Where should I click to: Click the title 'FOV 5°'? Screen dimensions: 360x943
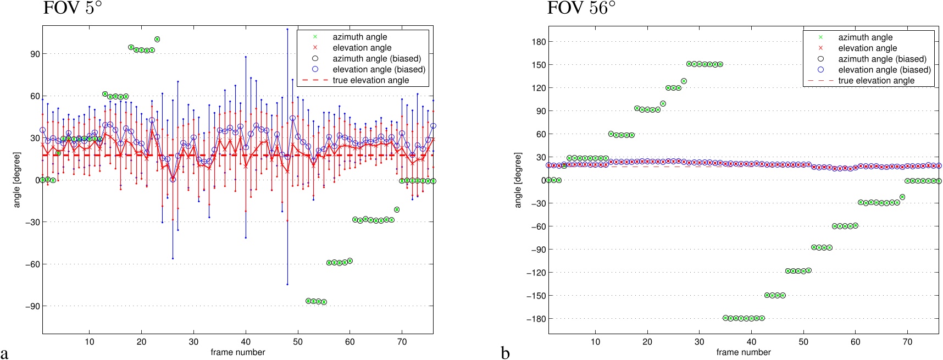[x=72, y=8]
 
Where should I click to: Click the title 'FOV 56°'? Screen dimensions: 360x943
[x=581, y=8]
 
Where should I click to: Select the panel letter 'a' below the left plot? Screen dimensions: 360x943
[x=5, y=352]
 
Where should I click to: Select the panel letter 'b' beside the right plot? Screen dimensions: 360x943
[x=506, y=352]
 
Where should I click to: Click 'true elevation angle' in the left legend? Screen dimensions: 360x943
[x=370, y=80]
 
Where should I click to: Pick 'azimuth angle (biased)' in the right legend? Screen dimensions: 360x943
[x=882, y=59]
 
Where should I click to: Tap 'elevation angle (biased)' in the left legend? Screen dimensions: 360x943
[x=379, y=69]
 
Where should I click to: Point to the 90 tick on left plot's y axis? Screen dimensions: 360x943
[x=35, y=54]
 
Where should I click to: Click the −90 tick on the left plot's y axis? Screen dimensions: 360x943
[x=32, y=306]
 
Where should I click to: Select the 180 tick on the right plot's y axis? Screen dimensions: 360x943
[x=539, y=42]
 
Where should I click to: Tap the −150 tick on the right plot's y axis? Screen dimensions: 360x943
[x=536, y=296]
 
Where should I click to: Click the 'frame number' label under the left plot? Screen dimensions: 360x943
[x=237, y=352]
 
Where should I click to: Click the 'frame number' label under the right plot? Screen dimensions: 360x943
[x=743, y=352]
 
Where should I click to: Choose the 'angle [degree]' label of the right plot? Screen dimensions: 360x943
[x=518, y=180]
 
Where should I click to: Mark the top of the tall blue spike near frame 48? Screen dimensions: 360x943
[x=287, y=29]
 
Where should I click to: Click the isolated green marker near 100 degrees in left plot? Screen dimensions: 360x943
[x=157, y=40]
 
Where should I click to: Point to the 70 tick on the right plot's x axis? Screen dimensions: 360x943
[x=907, y=341]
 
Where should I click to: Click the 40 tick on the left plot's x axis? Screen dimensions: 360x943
[x=246, y=341]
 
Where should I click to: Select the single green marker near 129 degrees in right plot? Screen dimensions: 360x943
[x=684, y=81]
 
